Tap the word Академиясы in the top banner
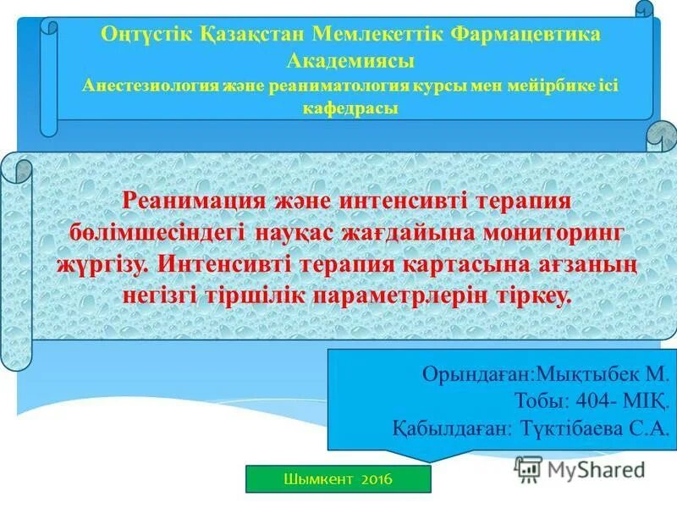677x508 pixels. [350, 61]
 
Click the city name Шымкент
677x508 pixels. [318, 480]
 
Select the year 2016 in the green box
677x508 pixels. [377, 480]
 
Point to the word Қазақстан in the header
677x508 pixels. [250, 36]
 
